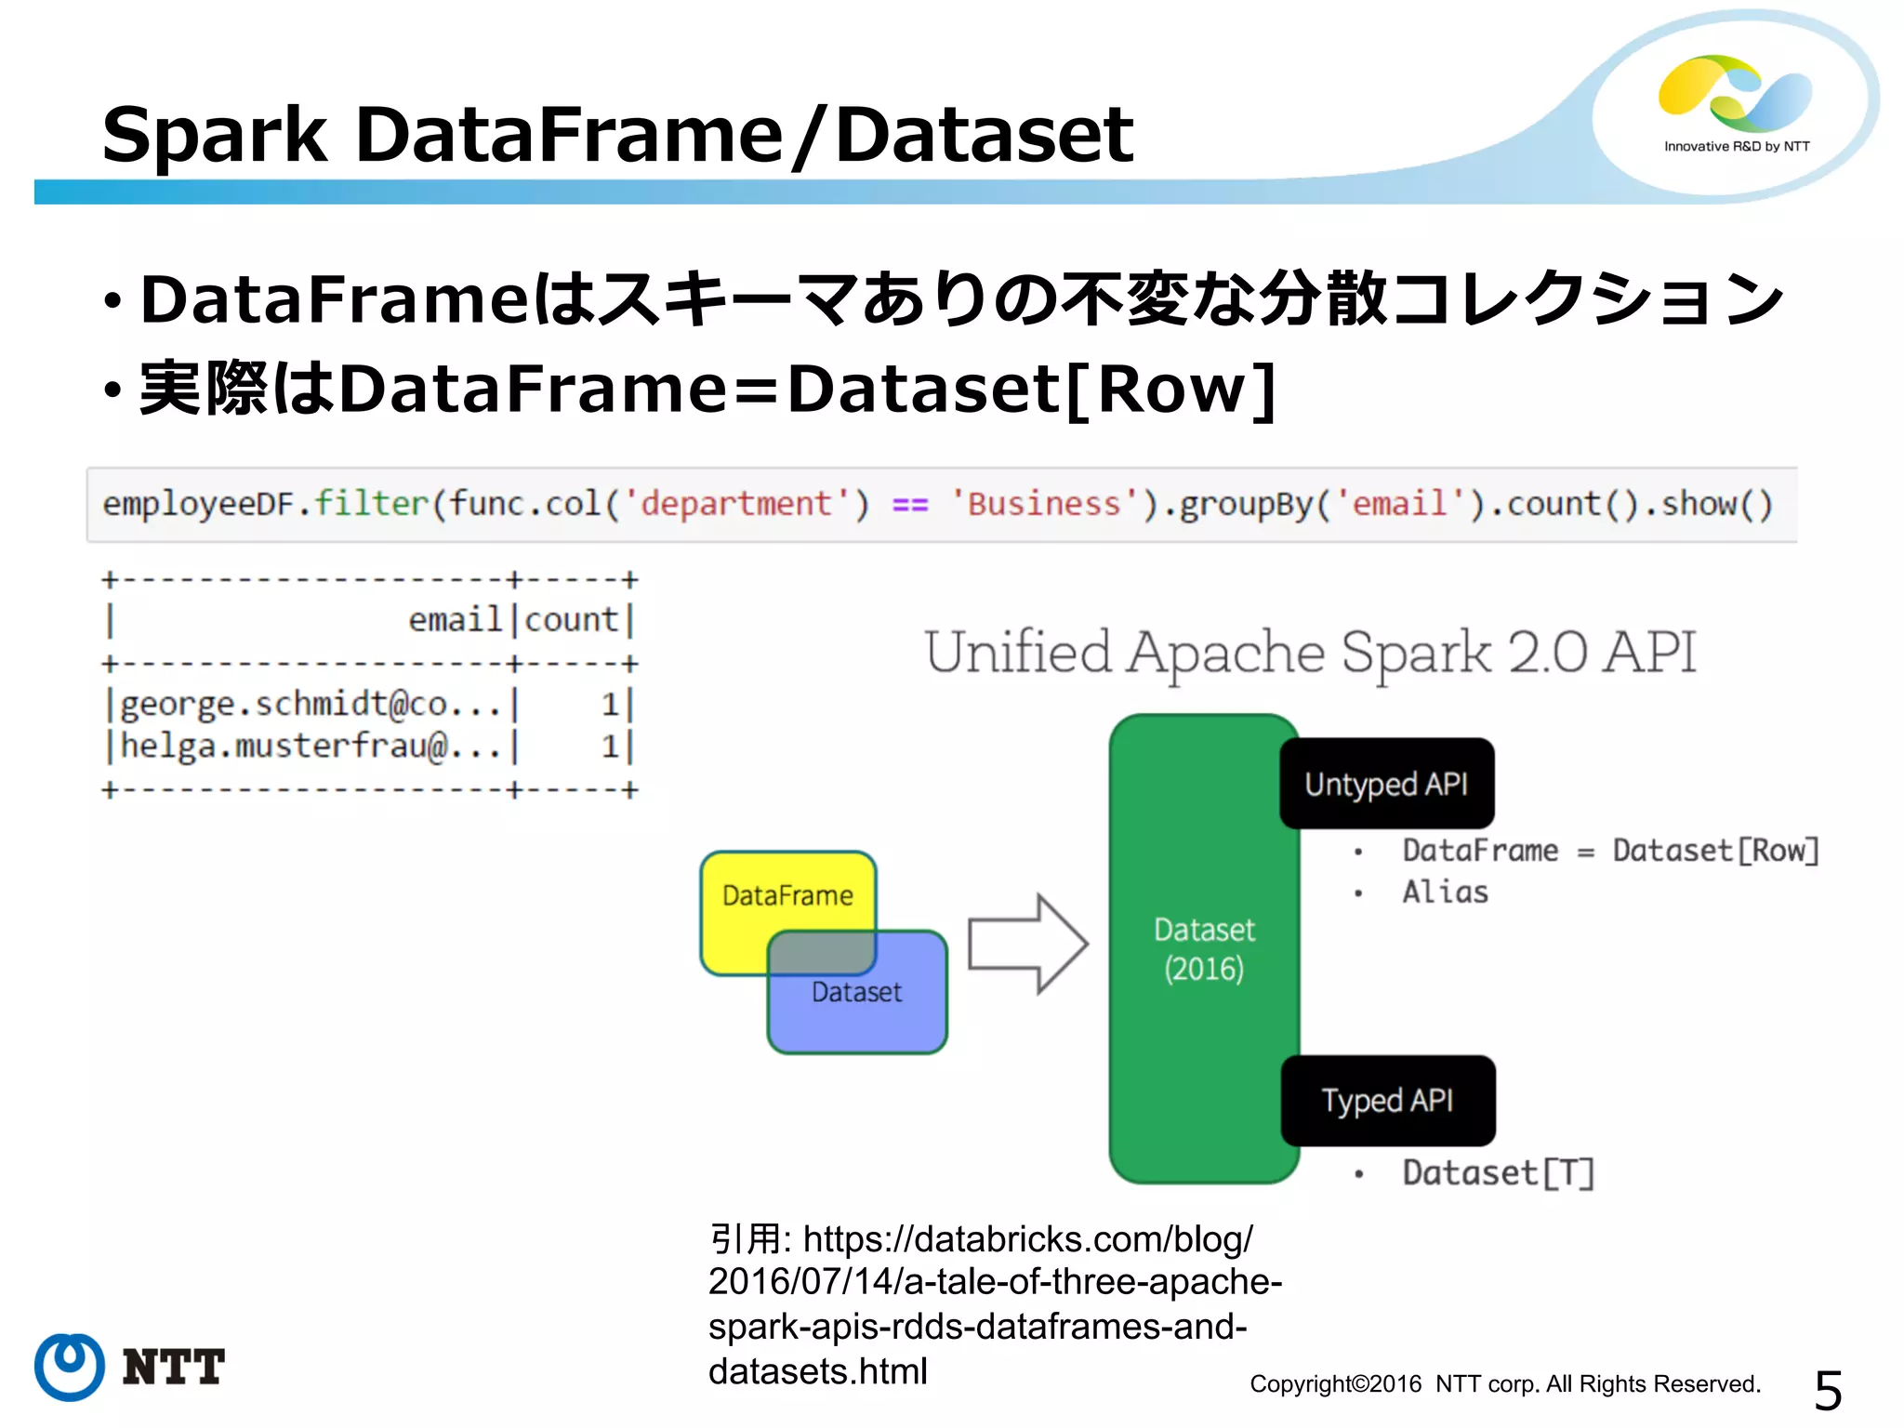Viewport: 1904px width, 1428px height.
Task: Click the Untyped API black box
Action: click(1386, 784)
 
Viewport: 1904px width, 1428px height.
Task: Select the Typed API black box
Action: click(1387, 1101)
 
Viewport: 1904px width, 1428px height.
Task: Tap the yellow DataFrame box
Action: click(787, 895)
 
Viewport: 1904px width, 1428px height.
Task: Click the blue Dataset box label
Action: click(856, 992)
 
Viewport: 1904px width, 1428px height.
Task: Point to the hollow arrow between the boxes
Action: click(1027, 945)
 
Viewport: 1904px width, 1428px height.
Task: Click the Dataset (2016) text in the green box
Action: click(1204, 949)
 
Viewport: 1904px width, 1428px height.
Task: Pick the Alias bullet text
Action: click(1445, 892)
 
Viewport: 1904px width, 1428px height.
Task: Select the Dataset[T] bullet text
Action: click(1498, 1173)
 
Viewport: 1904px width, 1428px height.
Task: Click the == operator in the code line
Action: click(909, 505)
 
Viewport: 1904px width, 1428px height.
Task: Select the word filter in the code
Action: click(371, 503)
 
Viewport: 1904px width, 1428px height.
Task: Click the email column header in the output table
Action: click(455, 619)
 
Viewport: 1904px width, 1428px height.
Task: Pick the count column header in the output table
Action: click(571, 619)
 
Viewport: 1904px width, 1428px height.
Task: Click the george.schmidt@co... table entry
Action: click(311, 705)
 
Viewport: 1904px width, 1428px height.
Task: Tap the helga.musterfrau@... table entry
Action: click(311, 747)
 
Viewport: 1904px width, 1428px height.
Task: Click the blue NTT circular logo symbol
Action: click(70, 1367)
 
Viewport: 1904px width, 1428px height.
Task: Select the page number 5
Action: click(1828, 1391)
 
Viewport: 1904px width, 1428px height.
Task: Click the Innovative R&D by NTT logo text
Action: click(1736, 147)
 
